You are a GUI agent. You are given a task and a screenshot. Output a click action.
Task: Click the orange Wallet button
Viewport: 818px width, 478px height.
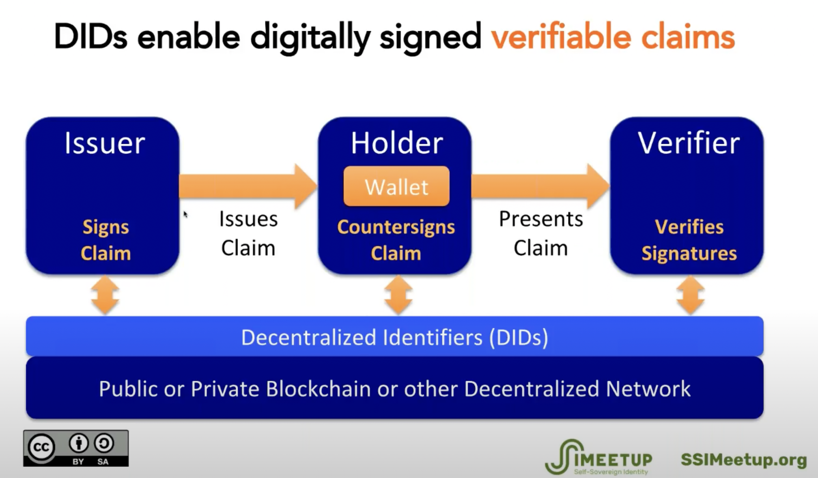coord(396,186)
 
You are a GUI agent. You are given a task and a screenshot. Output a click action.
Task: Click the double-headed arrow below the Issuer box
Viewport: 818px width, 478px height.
coord(105,295)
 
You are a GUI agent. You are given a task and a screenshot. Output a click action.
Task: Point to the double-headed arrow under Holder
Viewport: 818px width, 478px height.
coord(398,295)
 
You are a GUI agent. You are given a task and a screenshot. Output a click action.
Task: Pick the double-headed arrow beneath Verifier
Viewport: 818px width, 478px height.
coord(690,295)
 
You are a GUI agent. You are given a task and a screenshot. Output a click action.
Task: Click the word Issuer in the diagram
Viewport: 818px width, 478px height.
coord(105,143)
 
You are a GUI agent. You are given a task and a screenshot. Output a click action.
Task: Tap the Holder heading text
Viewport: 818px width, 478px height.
coord(396,143)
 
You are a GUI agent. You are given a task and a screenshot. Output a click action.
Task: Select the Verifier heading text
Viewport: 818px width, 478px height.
coord(689,143)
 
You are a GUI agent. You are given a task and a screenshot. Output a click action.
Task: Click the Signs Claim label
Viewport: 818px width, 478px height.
coord(105,240)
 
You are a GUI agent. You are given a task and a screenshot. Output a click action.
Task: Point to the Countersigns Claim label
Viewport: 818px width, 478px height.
coord(396,240)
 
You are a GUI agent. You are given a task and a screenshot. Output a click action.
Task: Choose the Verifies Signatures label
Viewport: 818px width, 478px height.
coord(689,240)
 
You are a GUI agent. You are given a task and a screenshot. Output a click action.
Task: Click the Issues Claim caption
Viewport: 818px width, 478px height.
coord(248,233)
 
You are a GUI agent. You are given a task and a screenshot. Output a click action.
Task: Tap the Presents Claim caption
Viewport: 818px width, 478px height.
coord(540,233)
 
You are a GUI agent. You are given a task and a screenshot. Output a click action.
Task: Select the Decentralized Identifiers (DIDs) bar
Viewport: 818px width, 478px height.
coord(394,337)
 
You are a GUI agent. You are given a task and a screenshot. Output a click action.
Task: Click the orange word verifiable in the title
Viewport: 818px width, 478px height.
coord(561,37)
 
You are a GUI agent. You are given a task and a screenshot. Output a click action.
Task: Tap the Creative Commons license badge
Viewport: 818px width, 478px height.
coord(76,448)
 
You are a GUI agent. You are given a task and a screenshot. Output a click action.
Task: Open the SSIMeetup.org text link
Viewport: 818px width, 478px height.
coord(743,460)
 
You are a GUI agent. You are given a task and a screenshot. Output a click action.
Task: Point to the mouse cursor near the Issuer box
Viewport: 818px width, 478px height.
coord(185,214)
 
